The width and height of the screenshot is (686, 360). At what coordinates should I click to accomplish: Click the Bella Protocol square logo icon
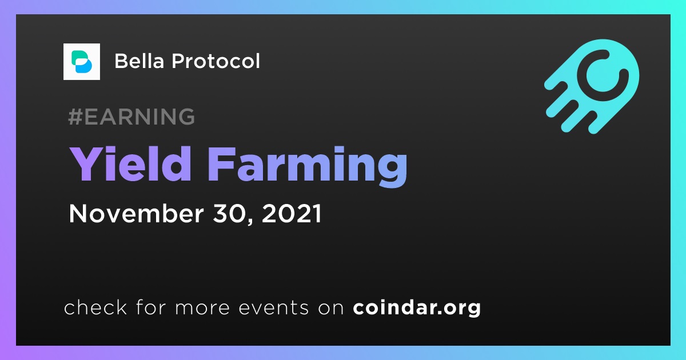pyautogui.click(x=81, y=62)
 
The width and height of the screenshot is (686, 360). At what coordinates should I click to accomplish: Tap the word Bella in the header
pyautogui.click(x=139, y=61)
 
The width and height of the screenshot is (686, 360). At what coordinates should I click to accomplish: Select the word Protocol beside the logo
pyautogui.click(x=216, y=61)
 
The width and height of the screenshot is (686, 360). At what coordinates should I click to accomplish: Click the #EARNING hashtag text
pyautogui.click(x=131, y=117)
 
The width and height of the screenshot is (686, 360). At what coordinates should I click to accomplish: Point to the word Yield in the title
pyautogui.click(x=130, y=164)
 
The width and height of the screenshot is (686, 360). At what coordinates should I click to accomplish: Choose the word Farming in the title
pyautogui.click(x=308, y=167)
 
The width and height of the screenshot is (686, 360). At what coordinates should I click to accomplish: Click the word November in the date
pyautogui.click(x=136, y=213)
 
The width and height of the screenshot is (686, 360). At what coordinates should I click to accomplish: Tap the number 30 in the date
pyautogui.click(x=233, y=214)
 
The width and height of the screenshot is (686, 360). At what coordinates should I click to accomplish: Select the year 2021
pyautogui.click(x=292, y=213)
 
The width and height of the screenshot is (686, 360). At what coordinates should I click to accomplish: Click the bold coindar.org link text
pyautogui.click(x=417, y=308)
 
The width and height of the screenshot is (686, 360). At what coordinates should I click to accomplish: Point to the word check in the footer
pyautogui.click(x=95, y=307)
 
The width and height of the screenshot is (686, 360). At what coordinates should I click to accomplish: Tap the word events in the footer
pyautogui.click(x=274, y=308)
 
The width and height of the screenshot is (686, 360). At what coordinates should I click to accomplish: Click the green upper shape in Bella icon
pyautogui.click(x=78, y=57)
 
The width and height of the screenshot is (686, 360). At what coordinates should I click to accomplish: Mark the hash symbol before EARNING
pyautogui.click(x=75, y=117)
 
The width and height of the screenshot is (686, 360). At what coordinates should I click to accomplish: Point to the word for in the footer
pyautogui.click(x=151, y=307)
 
